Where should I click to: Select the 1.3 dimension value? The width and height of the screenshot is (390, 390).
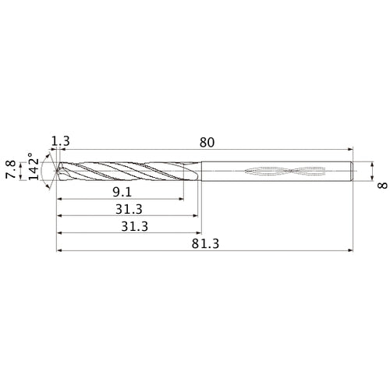[x=61, y=141]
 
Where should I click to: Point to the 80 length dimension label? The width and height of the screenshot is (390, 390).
[x=207, y=143]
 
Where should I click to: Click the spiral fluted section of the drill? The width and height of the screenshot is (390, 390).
[x=125, y=172]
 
